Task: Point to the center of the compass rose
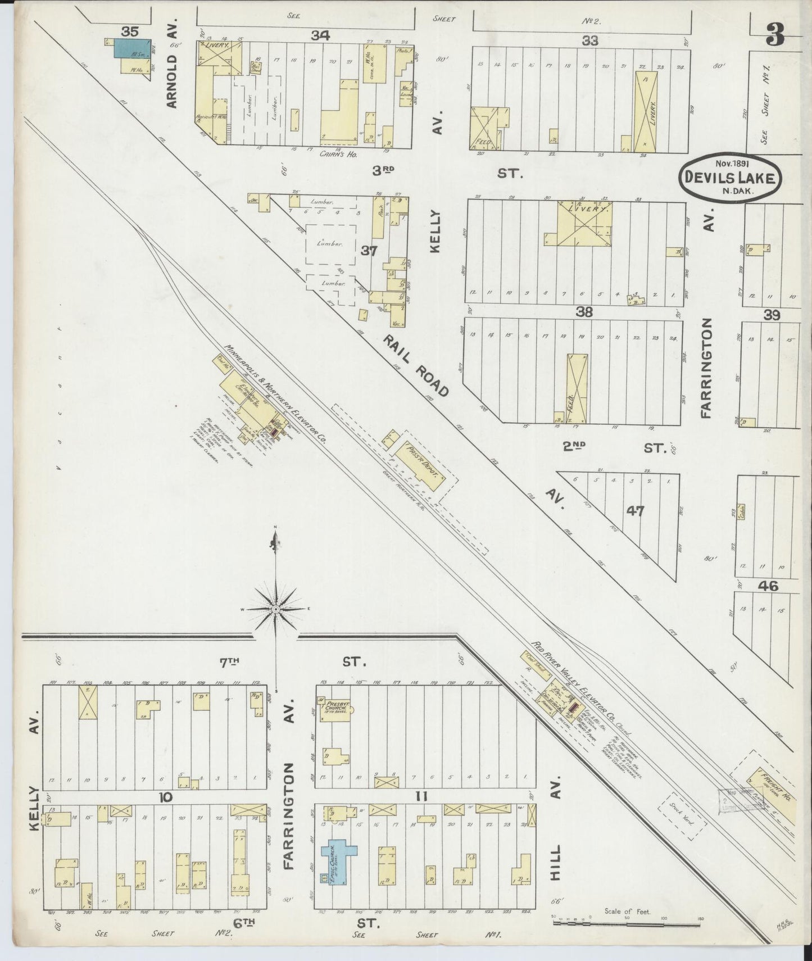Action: [x=276, y=609]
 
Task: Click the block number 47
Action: [x=636, y=511]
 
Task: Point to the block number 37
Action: [x=369, y=251]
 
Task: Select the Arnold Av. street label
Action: [x=171, y=76]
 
